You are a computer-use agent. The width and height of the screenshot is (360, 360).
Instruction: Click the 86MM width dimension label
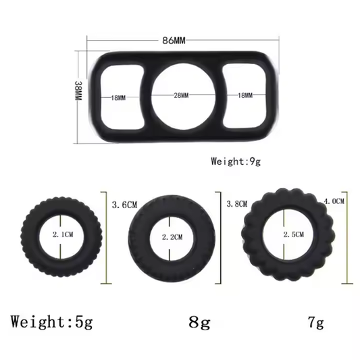(174, 41)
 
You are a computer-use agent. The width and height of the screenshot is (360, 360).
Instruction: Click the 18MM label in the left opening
(119, 97)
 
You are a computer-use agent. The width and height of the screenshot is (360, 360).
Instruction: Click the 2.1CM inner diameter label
(61, 234)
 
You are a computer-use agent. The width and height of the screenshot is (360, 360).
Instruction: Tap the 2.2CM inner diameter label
(172, 238)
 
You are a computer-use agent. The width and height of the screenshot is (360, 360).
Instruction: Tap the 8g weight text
(200, 321)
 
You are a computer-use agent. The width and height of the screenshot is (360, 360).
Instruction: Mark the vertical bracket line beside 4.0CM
(347, 236)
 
